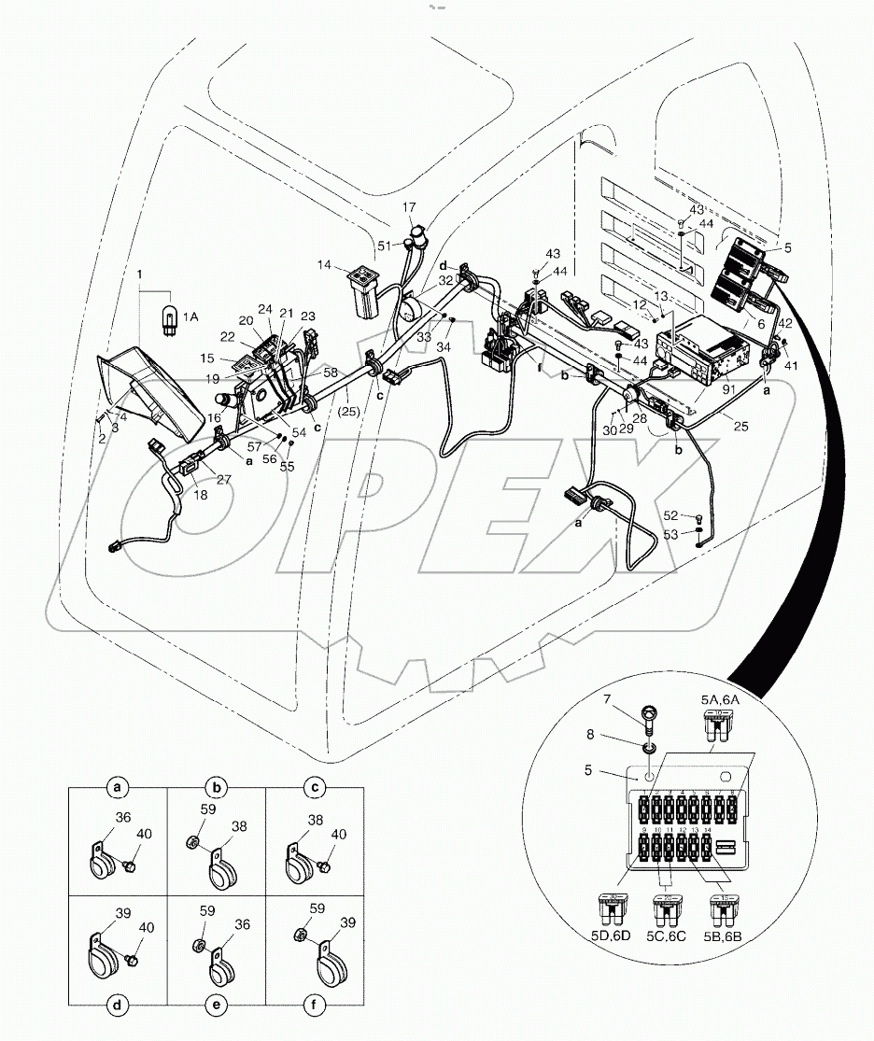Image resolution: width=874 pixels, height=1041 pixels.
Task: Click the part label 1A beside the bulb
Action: [190, 317]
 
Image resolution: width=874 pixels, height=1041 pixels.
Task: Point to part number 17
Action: [410, 206]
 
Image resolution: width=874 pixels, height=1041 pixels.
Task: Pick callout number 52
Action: [670, 514]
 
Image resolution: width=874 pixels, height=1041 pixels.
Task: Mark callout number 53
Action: [670, 534]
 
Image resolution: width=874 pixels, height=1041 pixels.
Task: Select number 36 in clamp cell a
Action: [121, 819]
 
